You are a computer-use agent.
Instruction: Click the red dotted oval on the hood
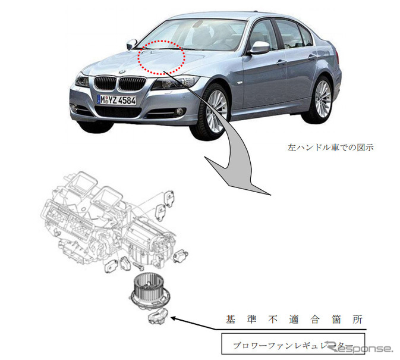(x=162, y=58)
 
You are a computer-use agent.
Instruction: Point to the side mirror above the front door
(x=259, y=48)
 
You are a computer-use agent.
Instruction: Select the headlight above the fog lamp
(x=82, y=80)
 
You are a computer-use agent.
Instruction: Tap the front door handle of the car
(x=281, y=61)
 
